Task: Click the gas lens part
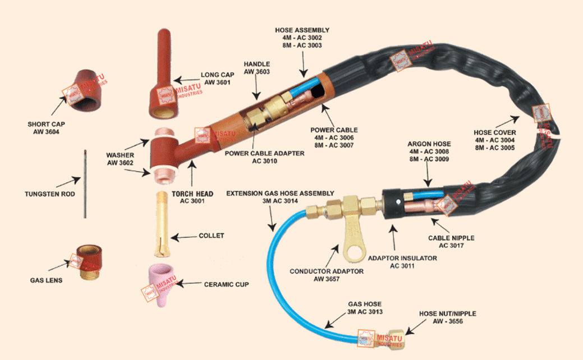[x=91, y=264]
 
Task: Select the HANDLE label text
[x=257, y=64]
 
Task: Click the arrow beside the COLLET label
[x=182, y=238]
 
